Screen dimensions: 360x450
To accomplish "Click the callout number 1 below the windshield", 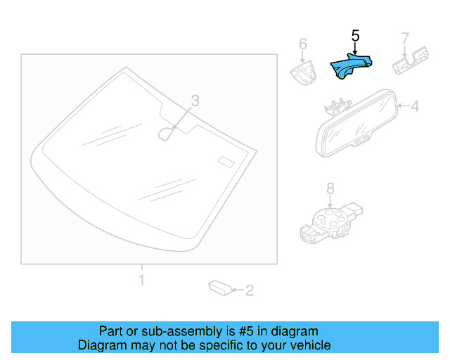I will [141, 281].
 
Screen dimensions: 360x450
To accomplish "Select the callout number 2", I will [249, 289].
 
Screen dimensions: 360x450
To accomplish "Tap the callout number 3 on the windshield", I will [195, 101].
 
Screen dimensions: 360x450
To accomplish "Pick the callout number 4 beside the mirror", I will [415, 107].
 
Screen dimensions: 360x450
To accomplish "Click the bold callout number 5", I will [355, 35].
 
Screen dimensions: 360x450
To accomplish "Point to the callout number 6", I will [303, 44].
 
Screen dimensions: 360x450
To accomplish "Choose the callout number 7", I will [405, 37].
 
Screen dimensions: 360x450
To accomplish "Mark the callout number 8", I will [330, 188].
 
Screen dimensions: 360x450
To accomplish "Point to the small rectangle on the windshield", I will [226, 161].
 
